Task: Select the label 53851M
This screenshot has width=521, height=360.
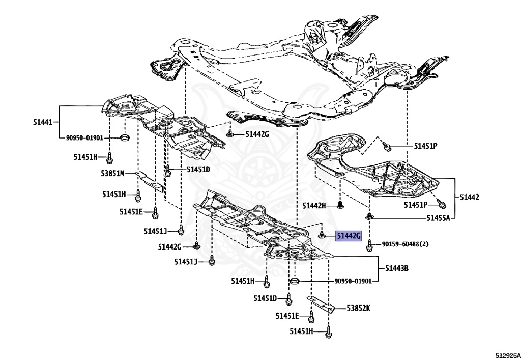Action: (x=112, y=173)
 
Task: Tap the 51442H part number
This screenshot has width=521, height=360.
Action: (x=314, y=206)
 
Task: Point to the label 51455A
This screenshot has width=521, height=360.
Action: (x=438, y=218)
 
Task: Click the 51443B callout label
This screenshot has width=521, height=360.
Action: (x=397, y=268)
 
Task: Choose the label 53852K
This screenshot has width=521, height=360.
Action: (x=358, y=308)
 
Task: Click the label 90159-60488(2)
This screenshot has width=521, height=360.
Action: (x=405, y=244)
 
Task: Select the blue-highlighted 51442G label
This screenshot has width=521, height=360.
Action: (x=348, y=236)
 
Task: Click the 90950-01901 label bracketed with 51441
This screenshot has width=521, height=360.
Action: (x=84, y=137)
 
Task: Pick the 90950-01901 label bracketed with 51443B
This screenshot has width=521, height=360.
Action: (x=357, y=281)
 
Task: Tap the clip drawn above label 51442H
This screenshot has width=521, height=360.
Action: (x=339, y=205)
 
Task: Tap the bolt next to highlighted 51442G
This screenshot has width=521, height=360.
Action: (x=322, y=235)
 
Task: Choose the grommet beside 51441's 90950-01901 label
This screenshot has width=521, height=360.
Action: (x=124, y=137)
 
